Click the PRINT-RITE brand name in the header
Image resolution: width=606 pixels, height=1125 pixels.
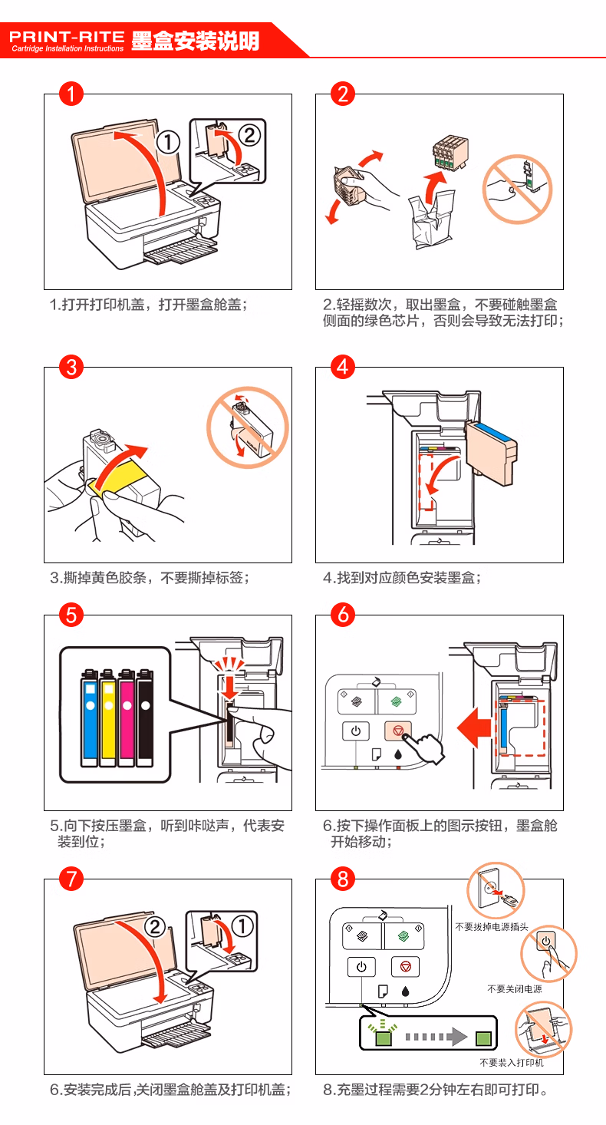[67, 36]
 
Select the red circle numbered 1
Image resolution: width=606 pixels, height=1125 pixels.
[71, 94]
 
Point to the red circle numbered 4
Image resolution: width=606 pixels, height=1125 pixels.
[342, 367]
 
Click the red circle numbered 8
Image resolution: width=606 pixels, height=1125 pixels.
[342, 879]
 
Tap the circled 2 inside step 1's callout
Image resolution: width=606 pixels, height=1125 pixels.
[249, 135]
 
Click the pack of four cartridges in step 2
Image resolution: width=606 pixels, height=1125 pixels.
[450, 153]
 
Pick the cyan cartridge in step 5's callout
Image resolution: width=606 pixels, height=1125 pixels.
[90, 718]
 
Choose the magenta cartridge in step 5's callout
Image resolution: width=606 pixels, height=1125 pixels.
[127, 718]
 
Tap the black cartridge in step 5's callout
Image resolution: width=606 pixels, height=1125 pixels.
[145, 718]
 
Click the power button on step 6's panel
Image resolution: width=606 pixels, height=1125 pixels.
[355, 731]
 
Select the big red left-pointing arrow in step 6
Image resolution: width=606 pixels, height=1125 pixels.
[475, 727]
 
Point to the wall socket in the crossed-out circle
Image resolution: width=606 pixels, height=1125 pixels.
[489, 889]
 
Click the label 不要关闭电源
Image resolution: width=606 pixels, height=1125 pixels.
[515, 988]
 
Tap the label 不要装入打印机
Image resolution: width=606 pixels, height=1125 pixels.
[511, 1062]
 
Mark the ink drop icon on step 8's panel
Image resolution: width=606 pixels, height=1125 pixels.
[406, 991]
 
